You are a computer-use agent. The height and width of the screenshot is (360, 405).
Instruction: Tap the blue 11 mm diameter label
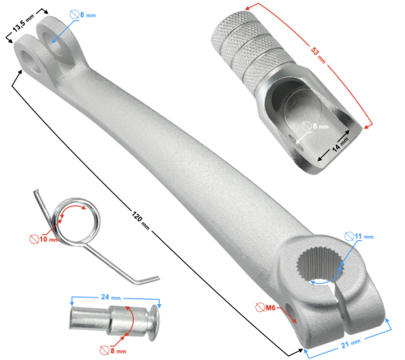pos(365,237)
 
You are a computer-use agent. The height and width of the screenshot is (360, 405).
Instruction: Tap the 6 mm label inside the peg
pos(318,127)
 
